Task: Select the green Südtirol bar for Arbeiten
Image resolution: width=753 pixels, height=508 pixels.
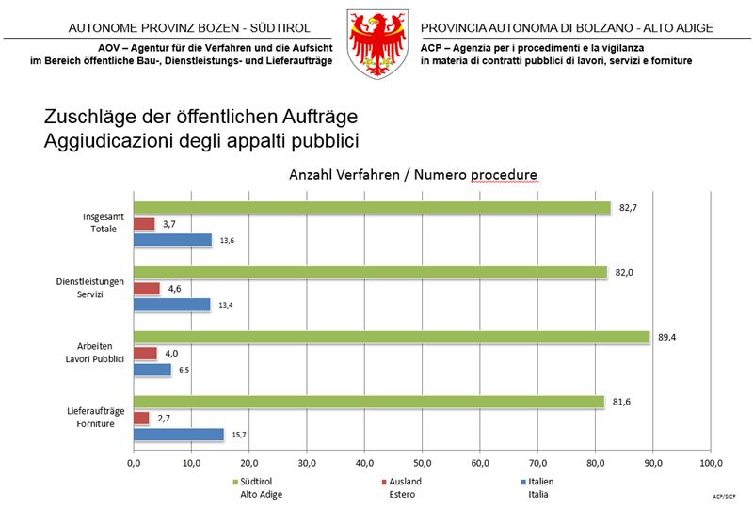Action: [391, 337]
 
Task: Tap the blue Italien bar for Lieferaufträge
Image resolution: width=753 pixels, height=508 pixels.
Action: [179, 435]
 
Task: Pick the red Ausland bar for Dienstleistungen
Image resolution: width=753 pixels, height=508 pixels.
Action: [147, 289]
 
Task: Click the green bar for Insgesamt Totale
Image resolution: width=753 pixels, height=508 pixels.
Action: [372, 207]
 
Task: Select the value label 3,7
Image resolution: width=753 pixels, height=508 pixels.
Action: [169, 224]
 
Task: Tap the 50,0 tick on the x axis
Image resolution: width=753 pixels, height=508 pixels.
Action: [423, 463]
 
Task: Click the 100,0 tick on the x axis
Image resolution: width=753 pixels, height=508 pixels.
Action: [711, 463]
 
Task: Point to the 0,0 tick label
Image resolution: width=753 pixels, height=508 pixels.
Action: [134, 463]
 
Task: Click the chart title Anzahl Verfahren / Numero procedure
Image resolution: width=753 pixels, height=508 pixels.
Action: [412, 175]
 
